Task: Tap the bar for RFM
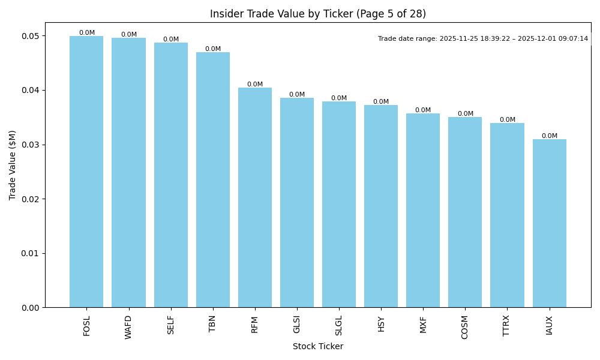tap(255, 197)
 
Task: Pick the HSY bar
tap(381, 206)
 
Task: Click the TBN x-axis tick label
tap(213, 323)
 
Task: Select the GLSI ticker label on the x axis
tap(297, 325)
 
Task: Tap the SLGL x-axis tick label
tap(339, 325)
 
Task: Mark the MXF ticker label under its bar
tap(423, 324)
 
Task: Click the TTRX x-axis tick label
tap(507, 325)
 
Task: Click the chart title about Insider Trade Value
tap(317, 14)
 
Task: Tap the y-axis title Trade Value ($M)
tap(13, 165)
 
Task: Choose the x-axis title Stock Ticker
tap(317, 346)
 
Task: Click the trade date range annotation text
tap(482, 39)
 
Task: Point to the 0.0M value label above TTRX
tap(507, 120)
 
